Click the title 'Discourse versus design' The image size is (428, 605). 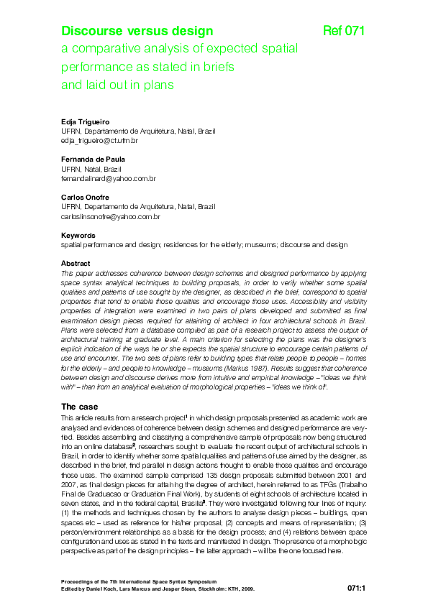(x=137, y=31)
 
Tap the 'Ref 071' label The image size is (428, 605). (x=345, y=31)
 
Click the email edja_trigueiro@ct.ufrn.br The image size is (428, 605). (x=99, y=141)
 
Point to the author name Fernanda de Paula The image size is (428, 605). (x=93, y=159)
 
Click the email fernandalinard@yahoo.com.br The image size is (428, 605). (x=109, y=177)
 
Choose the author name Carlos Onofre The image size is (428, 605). (x=86, y=195)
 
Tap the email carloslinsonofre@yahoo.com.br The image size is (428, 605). (x=111, y=216)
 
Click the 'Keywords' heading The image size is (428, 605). (x=78, y=235)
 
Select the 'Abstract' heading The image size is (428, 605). (x=76, y=263)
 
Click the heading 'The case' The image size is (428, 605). (x=84, y=407)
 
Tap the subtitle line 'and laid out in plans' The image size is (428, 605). (x=118, y=85)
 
